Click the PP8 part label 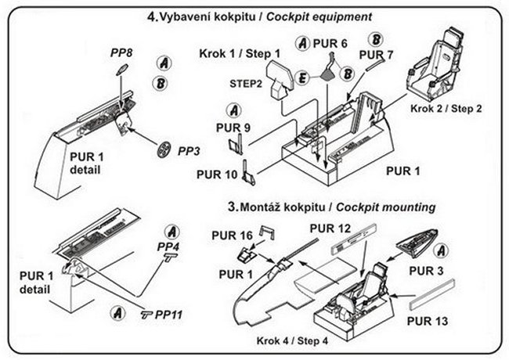(121, 52)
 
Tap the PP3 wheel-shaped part (163, 149)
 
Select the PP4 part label (168, 247)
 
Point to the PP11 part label (168, 315)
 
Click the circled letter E (301, 76)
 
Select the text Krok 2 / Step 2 (446, 109)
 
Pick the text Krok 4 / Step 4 (292, 342)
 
